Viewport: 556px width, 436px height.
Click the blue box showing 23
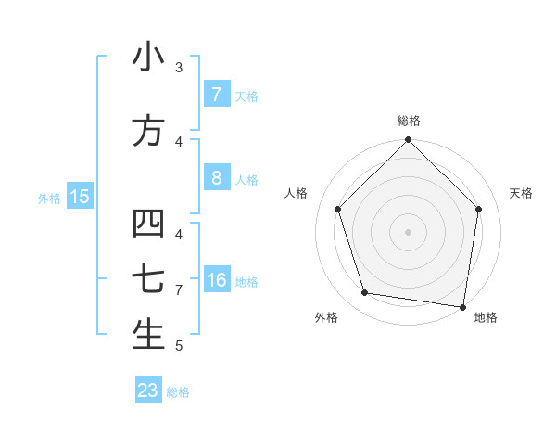pos(148,391)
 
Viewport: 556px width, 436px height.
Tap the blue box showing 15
pos(80,196)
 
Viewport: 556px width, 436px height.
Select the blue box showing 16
pos(217,280)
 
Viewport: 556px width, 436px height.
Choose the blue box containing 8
pos(217,178)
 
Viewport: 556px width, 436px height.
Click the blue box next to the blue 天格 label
pos(217,95)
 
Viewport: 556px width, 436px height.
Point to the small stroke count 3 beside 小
pos(179,68)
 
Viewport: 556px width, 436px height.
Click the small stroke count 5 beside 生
pos(179,346)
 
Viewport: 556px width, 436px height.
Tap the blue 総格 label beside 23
pos(178,392)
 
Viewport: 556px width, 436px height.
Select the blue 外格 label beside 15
pos(49,198)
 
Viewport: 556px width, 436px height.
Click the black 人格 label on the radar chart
pos(297,193)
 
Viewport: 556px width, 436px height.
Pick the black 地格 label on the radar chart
pos(486,317)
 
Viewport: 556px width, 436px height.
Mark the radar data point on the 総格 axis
pos(408,141)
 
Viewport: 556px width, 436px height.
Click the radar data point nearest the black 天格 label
pos(478,209)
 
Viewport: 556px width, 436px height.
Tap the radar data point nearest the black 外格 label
pos(365,293)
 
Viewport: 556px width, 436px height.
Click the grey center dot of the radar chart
pos(408,232)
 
